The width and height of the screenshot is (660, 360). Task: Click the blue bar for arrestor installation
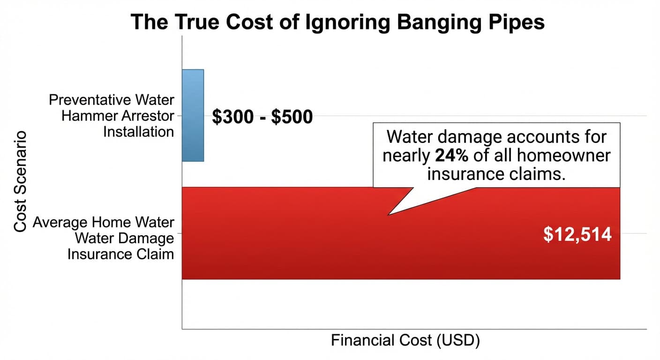tap(193, 115)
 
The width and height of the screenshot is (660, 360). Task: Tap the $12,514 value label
tap(577, 234)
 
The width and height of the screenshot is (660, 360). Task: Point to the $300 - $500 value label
tap(262, 117)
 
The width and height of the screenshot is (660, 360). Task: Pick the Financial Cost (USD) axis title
tap(405, 341)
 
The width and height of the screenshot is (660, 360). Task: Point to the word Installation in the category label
tap(138, 132)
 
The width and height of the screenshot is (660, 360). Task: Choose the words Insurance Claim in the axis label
tap(121, 254)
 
